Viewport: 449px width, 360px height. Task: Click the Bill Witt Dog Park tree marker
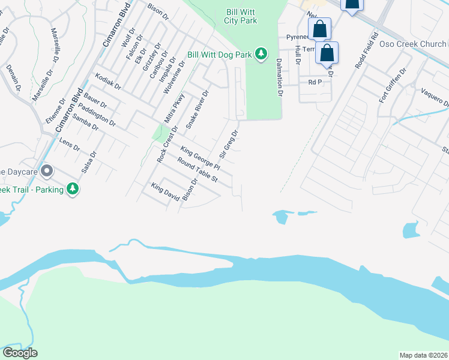coord(261,54)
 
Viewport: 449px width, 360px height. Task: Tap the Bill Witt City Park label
coord(242,16)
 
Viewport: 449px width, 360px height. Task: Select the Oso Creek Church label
coord(417,44)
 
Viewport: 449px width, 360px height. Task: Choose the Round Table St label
coord(196,170)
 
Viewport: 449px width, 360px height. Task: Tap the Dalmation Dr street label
coord(279,77)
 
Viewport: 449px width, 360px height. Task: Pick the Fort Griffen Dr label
coord(393,85)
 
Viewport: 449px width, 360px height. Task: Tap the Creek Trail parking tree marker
coord(73,189)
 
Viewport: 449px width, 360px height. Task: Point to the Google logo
coord(20,353)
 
